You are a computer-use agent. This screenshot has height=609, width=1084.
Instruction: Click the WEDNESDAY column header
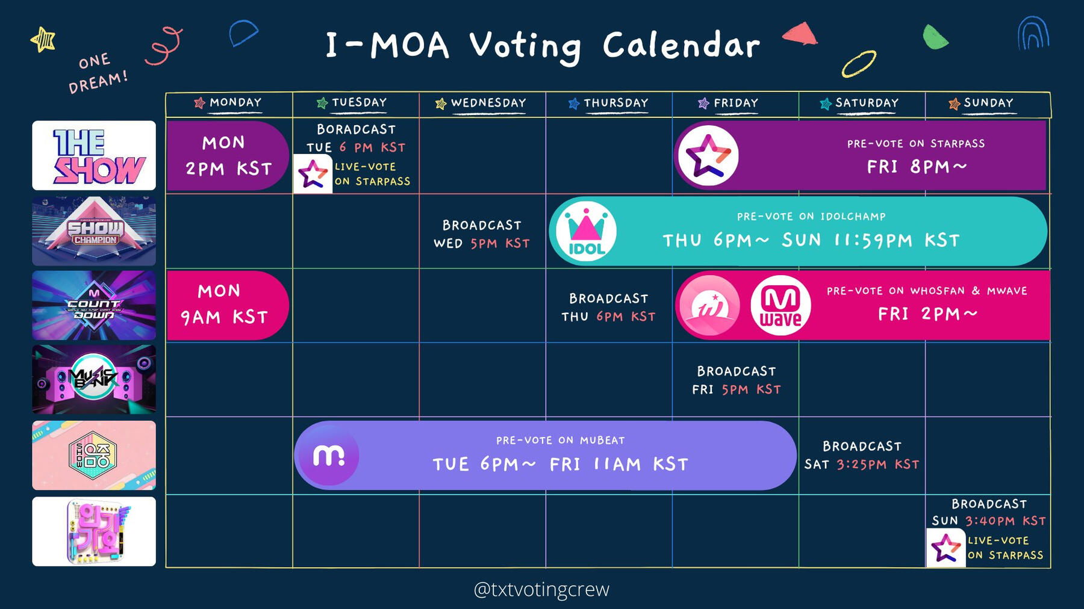click(x=488, y=103)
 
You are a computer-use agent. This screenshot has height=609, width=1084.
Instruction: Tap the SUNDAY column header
click(x=988, y=103)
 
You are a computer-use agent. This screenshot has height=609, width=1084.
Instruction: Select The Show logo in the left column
click(x=94, y=155)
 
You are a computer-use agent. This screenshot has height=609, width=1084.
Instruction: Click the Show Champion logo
click(x=94, y=231)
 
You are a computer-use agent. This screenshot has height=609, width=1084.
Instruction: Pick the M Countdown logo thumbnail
click(x=94, y=305)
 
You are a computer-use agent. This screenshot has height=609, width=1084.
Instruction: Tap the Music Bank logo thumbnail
click(x=94, y=379)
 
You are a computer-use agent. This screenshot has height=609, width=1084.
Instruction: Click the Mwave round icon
click(x=780, y=305)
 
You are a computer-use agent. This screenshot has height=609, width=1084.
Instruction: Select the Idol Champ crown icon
click(x=586, y=232)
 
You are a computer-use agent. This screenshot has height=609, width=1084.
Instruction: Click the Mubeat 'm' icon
click(x=329, y=456)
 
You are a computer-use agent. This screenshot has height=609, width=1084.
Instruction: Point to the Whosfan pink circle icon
click(x=710, y=305)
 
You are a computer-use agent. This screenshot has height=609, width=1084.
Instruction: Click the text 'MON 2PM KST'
click(x=228, y=156)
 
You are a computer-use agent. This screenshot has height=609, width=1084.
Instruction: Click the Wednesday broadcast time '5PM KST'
click(x=500, y=243)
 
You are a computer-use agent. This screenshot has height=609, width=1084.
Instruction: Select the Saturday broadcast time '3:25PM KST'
click(x=877, y=464)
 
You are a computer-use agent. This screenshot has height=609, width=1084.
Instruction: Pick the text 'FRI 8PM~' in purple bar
click(x=916, y=167)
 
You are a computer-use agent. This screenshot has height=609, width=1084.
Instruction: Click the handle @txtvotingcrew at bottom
click(x=541, y=589)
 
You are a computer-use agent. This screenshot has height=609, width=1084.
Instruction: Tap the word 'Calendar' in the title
click(x=681, y=45)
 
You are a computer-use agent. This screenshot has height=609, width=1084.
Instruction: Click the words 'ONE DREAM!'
click(x=98, y=72)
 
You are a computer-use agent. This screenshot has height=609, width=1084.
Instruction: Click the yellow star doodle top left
click(x=43, y=40)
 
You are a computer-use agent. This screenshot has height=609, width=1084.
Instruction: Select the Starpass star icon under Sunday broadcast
click(x=945, y=548)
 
